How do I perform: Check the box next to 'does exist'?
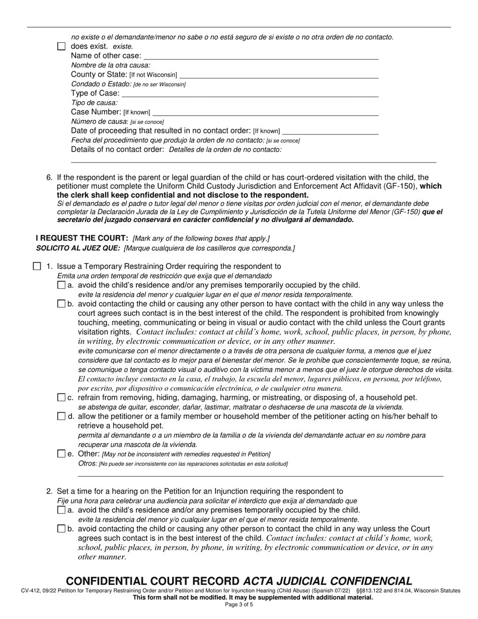coord(61,46)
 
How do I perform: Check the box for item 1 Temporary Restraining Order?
coord(37,266)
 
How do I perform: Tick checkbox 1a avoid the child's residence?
coord(61,285)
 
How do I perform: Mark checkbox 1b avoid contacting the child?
coord(61,304)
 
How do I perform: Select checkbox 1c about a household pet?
coord(61,398)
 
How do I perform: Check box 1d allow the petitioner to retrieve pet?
coord(61,417)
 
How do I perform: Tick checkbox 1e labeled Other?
coord(61,454)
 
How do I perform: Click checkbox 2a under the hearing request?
coord(61,510)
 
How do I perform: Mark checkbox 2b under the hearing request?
coord(61,529)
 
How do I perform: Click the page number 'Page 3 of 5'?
coord(239,605)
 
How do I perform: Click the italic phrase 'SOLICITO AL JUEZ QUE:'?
coord(78,248)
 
